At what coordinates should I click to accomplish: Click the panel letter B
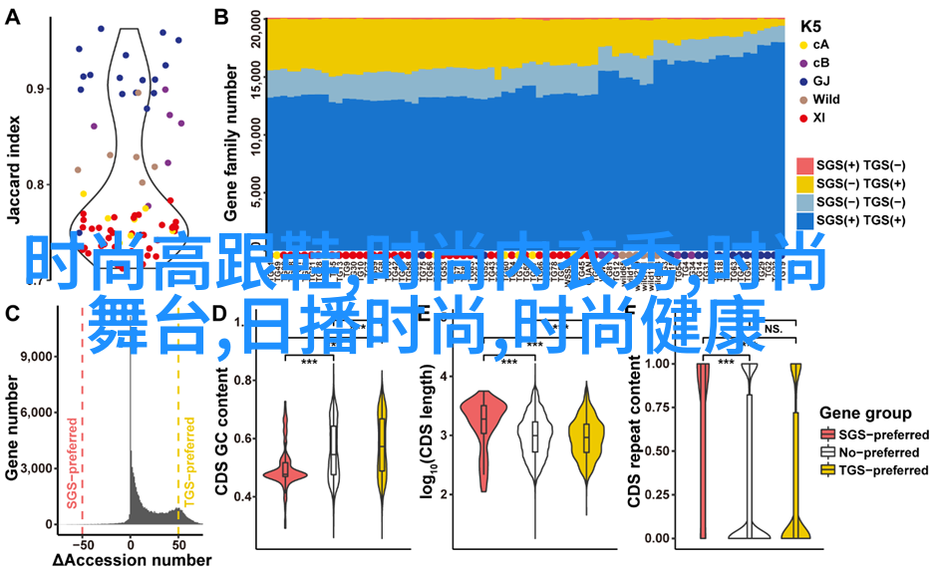220,17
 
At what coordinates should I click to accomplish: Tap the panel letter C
13,314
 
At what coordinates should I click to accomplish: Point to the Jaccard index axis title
13,149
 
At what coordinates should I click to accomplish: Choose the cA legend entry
820,45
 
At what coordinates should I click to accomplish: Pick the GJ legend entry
821,81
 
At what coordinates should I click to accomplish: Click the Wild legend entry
825,100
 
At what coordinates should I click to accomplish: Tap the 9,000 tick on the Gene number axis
36,357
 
